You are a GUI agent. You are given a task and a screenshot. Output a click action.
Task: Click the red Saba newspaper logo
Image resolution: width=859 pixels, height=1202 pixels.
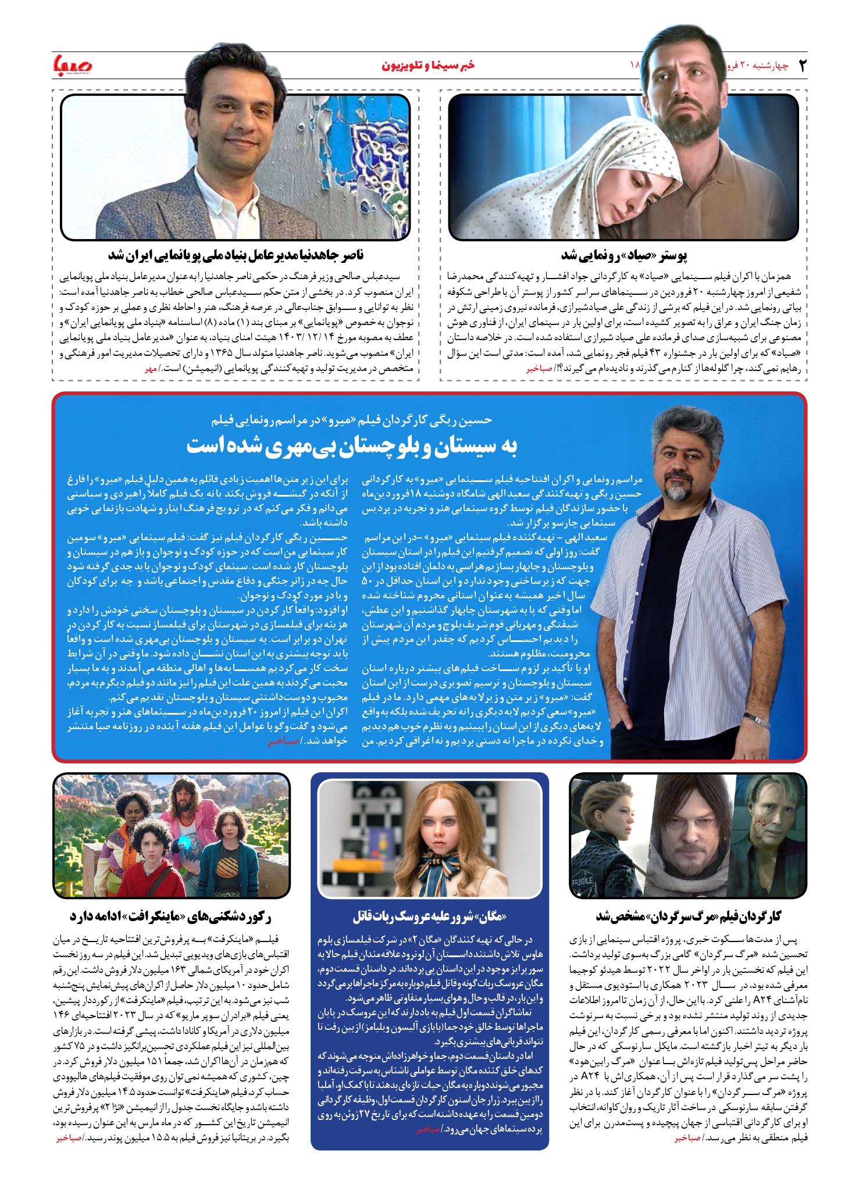click(73, 64)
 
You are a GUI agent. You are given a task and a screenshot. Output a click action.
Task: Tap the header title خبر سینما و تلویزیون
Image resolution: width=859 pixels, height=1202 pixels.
click(428, 65)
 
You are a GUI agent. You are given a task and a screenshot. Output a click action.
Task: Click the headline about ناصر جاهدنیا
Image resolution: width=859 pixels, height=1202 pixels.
click(236, 255)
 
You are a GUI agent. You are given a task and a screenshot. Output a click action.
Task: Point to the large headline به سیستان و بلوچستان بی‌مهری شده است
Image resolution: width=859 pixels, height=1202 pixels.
click(351, 447)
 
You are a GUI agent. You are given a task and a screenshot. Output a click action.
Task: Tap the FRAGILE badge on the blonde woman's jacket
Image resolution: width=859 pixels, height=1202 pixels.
click(583, 880)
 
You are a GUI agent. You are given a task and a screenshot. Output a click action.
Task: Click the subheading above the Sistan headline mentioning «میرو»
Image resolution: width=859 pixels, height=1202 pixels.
click(351, 420)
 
